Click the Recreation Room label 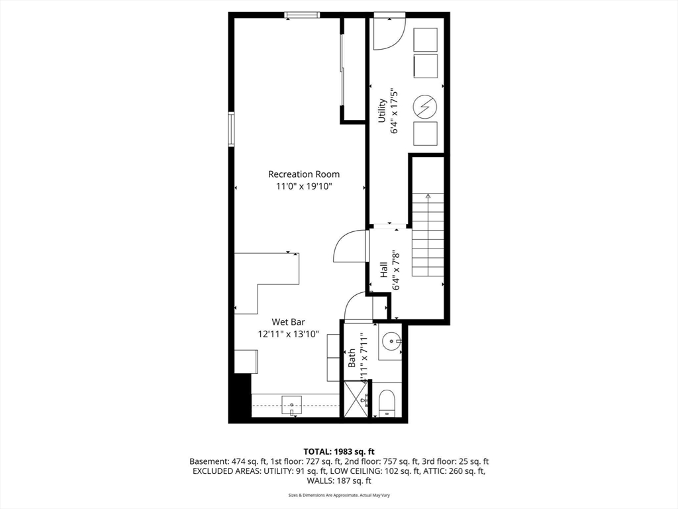[x=303, y=174]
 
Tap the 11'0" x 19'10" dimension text [x=303, y=187]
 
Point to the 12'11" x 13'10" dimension [x=288, y=335]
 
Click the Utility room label [x=382, y=111]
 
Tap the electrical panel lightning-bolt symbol [x=425, y=106]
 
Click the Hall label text [x=384, y=270]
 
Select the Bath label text [x=352, y=359]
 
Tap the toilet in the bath [x=387, y=402]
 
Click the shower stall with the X [x=356, y=399]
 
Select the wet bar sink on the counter [x=291, y=404]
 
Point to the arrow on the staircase [x=428, y=196]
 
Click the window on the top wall [x=302, y=15]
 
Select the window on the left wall [x=231, y=129]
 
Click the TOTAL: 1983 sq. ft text [x=338, y=451]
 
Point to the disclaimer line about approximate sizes [x=338, y=495]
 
